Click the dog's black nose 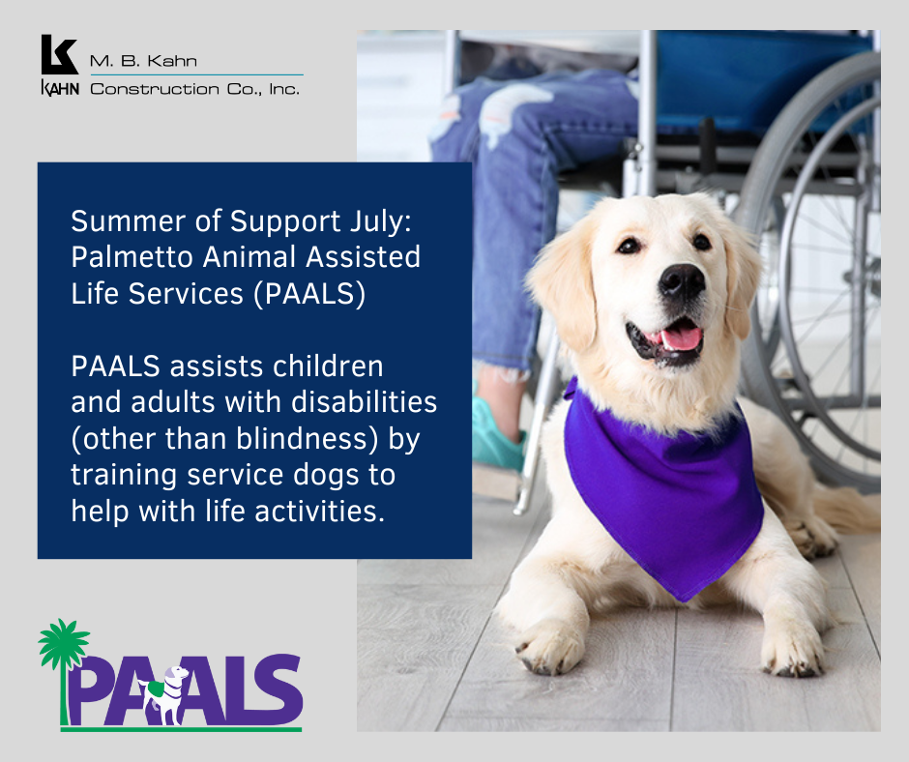[682, 280]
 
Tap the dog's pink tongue [680, 338]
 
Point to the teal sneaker [496, 436]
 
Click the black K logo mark [59, 54]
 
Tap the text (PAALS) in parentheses [309, 293]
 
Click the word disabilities [364, 402]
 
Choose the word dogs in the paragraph [327, 476]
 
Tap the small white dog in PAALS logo [165, 694]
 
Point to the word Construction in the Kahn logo [155, 89]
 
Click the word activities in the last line [319, 512]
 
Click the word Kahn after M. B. [171, 61]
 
